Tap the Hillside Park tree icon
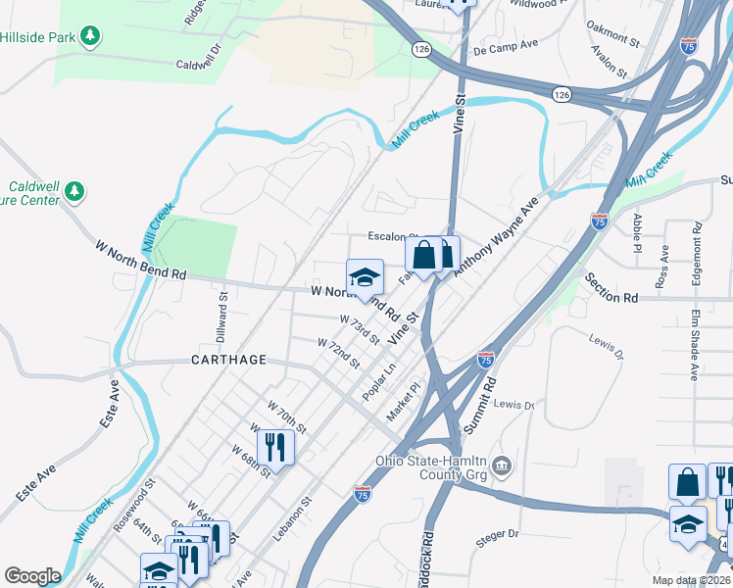[x=90, y=37]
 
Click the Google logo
[x=32, y=575]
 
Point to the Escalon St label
[x=392, y=236]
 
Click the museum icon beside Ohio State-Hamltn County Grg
[x=502, y=464]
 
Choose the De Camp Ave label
[x=506, y=45]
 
